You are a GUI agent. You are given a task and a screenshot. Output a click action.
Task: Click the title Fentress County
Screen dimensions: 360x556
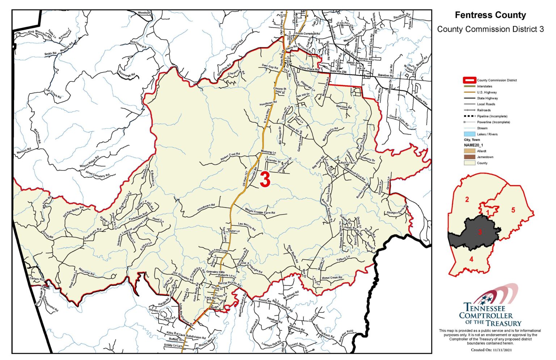tap(490, 15)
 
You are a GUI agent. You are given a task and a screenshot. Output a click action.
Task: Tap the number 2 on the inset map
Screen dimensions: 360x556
tap(467, 199)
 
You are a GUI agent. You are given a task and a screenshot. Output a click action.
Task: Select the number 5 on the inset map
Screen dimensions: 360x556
tap(513, 210)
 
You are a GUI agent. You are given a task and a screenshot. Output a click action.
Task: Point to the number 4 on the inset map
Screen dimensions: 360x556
tap(471, 259)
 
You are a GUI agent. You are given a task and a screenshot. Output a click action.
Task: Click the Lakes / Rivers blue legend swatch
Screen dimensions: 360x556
tap(469, 134)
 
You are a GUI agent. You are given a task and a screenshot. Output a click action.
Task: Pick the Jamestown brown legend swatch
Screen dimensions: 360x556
tap(469, 157)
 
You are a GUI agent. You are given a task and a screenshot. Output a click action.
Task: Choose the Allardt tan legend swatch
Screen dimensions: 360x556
tap(469, 151)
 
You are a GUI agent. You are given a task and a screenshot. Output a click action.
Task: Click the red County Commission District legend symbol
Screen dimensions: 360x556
tap(469, 80)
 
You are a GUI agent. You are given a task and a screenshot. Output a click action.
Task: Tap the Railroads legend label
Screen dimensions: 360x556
tap(484, 110)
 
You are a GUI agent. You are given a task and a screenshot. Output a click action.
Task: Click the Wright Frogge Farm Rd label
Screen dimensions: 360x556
tap(260, 212)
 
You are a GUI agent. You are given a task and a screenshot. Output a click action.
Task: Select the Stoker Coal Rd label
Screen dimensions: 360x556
tap(230, 157)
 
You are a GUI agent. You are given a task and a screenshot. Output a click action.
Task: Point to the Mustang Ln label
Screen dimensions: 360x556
tap(268, 152)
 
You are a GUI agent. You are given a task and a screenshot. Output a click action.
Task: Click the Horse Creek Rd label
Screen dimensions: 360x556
tap(332, 278)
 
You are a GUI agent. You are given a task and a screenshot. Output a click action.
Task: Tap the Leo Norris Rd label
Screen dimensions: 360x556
tap(247, 227)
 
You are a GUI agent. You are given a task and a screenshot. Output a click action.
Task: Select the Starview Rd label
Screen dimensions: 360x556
tap(344, 107)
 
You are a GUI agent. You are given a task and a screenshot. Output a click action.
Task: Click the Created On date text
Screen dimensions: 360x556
tap(491, 350)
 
